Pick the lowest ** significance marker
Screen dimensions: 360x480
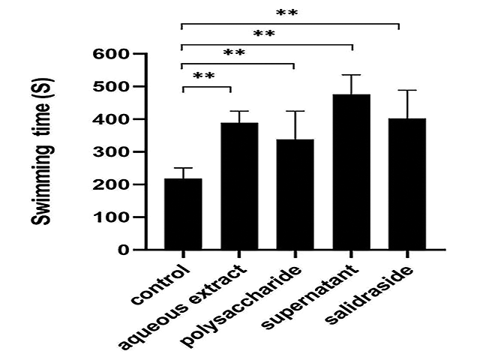tap(205, 76)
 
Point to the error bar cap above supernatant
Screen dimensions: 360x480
tap(351, 75)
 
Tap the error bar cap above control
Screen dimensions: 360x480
tap(183, 168)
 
